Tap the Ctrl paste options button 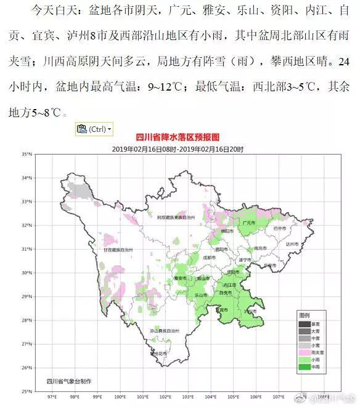point(94,129)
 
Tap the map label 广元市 point(250,222)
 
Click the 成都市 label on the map point(208,257)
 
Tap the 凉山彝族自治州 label point(158,331)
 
